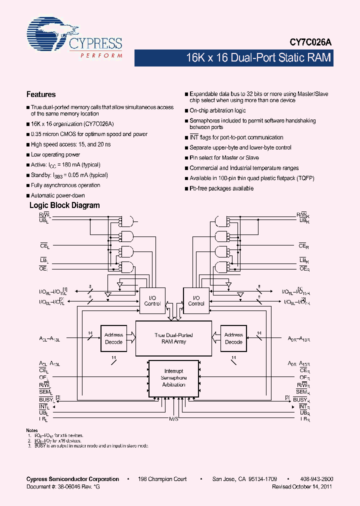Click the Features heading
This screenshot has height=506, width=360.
41,94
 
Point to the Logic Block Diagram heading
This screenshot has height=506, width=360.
64,205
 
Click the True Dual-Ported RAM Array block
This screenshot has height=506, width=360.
173,338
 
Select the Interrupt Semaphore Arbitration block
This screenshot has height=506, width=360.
173,378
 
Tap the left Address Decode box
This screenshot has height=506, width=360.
114,338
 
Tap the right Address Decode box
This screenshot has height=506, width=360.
233,338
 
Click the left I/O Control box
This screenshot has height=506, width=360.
152,300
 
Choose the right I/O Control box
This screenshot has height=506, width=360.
196,300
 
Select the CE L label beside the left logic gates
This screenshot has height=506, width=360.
44,246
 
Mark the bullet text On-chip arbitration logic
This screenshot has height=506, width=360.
217,110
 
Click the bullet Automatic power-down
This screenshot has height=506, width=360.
57,195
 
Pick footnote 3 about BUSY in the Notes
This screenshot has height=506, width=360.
87,445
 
